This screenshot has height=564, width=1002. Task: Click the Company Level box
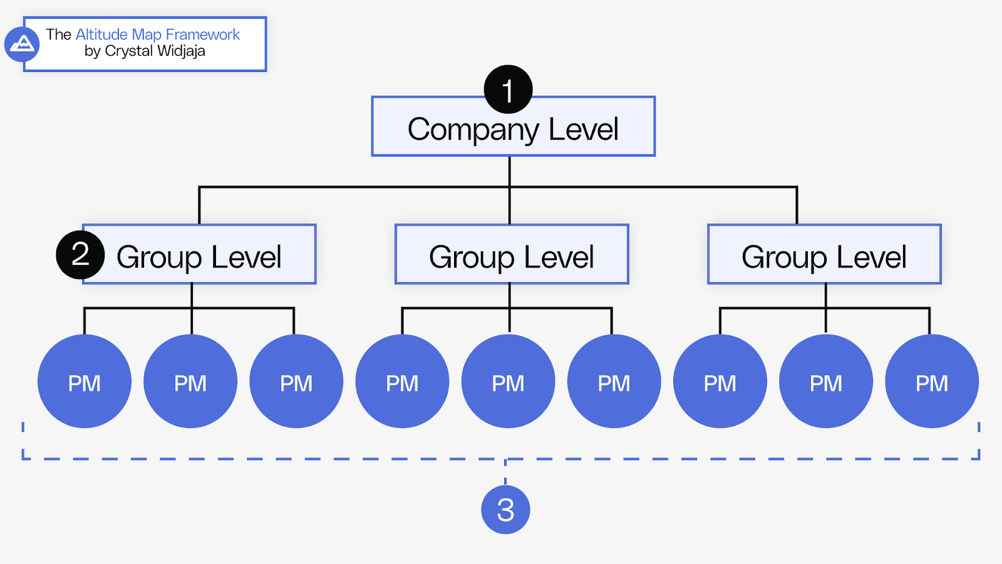[x=513, y=132]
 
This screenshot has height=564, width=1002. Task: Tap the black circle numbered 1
[x=508, y=90]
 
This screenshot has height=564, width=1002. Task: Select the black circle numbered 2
[x=80, y=254]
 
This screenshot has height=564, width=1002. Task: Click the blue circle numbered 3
[x=505, y=509]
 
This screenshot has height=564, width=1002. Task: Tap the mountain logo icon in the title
[x=22, y=44]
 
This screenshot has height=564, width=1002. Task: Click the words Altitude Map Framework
[x=157, y=34]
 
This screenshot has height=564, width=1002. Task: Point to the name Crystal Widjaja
[x=155, y=51]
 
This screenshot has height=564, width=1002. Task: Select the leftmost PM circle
[x=85, y=382]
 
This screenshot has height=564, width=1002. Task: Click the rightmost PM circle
[x=932, y=382]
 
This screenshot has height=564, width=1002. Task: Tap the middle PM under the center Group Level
[x=508, y=382]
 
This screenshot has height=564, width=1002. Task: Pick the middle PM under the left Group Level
[x=190, y=382]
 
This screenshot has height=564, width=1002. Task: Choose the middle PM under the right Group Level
[x=826, y=382]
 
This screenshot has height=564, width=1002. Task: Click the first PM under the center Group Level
[x=402, y=382]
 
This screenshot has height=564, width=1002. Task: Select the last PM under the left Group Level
[x=296, y=382]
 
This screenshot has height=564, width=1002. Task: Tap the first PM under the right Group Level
[x=720, y=382]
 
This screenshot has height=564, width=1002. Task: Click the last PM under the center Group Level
[x=614, y=382]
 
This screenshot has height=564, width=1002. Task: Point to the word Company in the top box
[x=473, y=130]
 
